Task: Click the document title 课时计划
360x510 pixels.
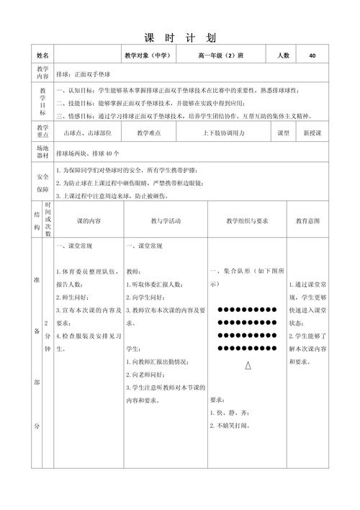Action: pos(180,37)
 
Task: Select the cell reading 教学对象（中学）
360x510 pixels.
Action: pos(146,55)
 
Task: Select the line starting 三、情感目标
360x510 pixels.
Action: pos(178,115)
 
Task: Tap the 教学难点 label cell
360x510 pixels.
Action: pos(148,133)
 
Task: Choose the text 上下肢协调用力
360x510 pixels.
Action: pos(224,133)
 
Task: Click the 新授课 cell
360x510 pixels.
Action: pos(313,133)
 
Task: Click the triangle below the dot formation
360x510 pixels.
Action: pos(248,366)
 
